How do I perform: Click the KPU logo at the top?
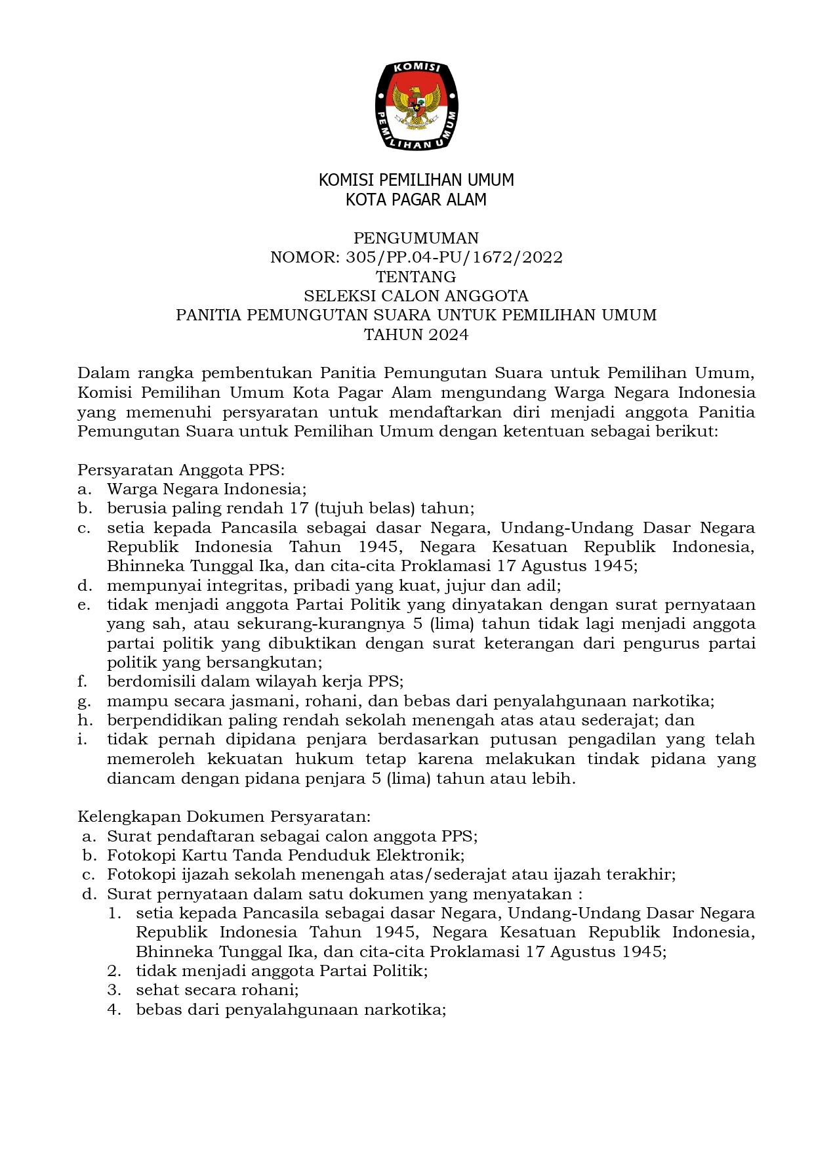[416, 106]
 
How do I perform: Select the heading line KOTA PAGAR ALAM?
[416, 200]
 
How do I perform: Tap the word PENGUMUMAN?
[416, 238]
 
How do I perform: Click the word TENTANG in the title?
[416, 276]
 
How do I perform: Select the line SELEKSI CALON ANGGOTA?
[416, 296]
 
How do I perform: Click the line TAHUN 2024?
[416, 335]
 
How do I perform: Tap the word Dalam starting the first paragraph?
[101, 373]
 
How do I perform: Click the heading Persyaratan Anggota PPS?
[181, 470]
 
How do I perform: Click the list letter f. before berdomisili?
[82, 681]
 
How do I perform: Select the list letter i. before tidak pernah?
[82, 739]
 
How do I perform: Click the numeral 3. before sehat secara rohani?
[115, 990]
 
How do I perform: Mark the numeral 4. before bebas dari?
[115, 1010]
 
